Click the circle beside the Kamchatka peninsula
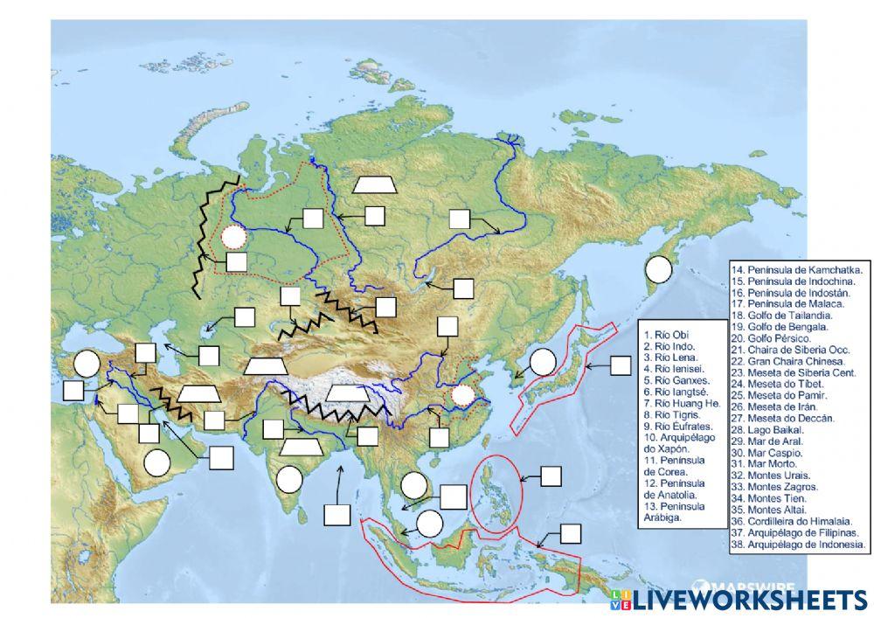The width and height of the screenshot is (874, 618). click(658, 268)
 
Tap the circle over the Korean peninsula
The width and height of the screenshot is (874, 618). click(543, 360)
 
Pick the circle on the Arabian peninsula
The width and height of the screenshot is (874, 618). click(156, 462)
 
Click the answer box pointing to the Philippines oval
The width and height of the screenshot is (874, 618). click(551, 476)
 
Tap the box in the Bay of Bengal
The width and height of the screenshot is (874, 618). click(336, 514)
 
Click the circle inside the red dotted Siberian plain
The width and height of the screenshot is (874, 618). click(232, 236)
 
